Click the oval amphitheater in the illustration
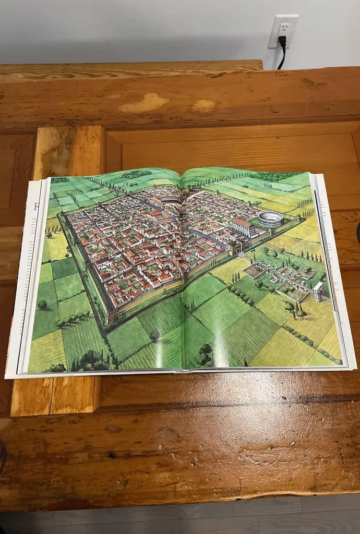[x=270, y=219]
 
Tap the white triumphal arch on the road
[x=318, y=292]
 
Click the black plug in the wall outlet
[x=282, y=40]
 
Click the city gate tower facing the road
[x=233, y=247]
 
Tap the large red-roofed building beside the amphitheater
[x=243, y=227]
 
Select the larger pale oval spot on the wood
[x=143, y=103]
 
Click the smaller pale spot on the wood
[x=203, y=106]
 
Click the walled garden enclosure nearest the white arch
[x=295, y=293]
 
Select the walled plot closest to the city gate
[x=254, y=270]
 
